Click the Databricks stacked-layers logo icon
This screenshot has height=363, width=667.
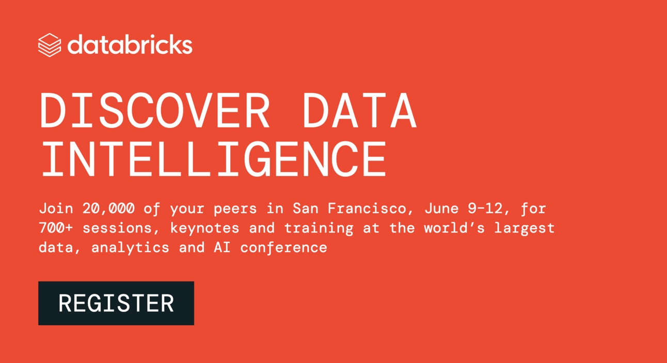(x=50, y=45)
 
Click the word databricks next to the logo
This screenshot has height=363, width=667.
(x=130, y=45)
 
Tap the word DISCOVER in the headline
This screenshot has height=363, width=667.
(x=155, y=111)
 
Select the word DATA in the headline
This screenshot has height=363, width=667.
(x=360, y=111)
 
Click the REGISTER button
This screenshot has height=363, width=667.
(x=116, y=303)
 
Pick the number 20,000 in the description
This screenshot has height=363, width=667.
(x=108, y=209)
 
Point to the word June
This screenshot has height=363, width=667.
(x=441, y=209)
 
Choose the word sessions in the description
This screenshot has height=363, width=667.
(x=117, y=228)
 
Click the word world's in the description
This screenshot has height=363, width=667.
(x=454, y=228)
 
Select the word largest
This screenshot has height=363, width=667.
(x=524, y=228)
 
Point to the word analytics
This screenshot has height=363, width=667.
(x=130, y=247)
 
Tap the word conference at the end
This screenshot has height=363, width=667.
(x=283, y=247)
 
